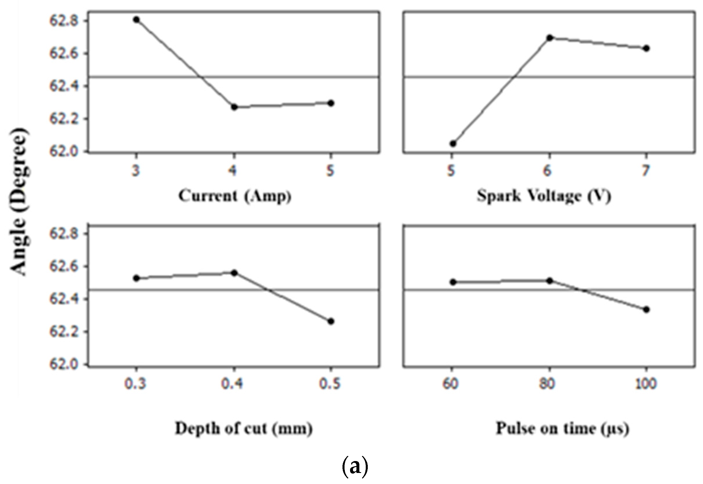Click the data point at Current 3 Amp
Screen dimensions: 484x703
coord(136,20)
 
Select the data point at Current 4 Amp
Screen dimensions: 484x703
coord(234,107)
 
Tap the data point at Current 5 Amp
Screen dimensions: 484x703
coord(331,103)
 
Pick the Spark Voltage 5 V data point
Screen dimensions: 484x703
coord(452,143)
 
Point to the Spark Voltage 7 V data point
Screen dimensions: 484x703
coord(646,48)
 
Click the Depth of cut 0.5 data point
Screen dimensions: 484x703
coord(331,322)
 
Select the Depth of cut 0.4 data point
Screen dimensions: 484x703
coord(234,273)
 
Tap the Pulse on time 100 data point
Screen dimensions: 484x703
coord(646,310)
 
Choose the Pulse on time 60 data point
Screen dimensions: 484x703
coord(453,282)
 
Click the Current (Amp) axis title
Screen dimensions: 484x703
coord(235,196)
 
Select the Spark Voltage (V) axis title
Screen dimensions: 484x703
coord(543,196)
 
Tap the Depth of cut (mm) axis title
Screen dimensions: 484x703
coord(244,429)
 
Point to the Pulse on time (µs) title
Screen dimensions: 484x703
coord(562,429)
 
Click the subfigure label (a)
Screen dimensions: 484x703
coord(355,467)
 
